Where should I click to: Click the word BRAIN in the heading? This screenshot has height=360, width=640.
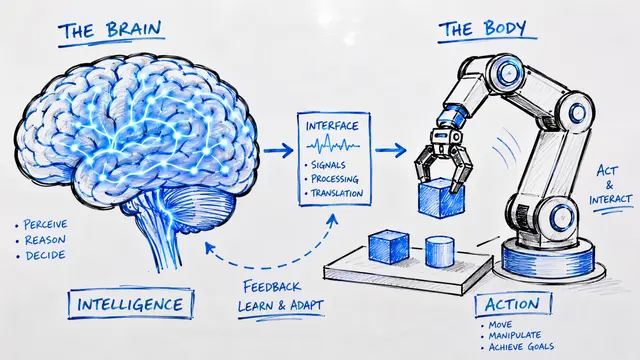[134, 29]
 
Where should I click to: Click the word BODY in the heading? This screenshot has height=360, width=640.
[505, 29]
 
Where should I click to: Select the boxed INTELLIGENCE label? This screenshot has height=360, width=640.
[131, 304]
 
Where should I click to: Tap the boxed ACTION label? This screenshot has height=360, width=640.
[513, 304]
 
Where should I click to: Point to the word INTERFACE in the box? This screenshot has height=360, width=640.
[332, 126]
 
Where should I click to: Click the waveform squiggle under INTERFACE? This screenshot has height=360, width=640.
[333, 144]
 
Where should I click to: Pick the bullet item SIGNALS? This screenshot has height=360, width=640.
[328, 165]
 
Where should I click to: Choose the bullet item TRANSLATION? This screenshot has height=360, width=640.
[336, 193]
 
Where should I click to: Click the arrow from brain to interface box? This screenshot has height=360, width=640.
[278, 150]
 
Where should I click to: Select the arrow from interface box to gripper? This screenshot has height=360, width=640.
[391, 150]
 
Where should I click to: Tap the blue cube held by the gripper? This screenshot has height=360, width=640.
[441, 197]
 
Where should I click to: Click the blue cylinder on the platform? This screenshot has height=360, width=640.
[440, 251]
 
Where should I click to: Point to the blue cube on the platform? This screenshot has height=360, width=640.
[389, 247]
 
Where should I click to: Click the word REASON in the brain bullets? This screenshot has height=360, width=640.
[45, 240]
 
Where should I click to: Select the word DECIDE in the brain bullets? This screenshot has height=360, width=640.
[45, 256]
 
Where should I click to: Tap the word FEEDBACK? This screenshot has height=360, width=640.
[272, 287]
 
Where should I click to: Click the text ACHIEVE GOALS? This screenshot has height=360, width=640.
[521, 347]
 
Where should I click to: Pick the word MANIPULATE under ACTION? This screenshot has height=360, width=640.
[515, 336]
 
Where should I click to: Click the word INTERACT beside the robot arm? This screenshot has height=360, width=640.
[610, 200]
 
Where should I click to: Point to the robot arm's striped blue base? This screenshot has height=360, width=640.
[547, 259]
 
